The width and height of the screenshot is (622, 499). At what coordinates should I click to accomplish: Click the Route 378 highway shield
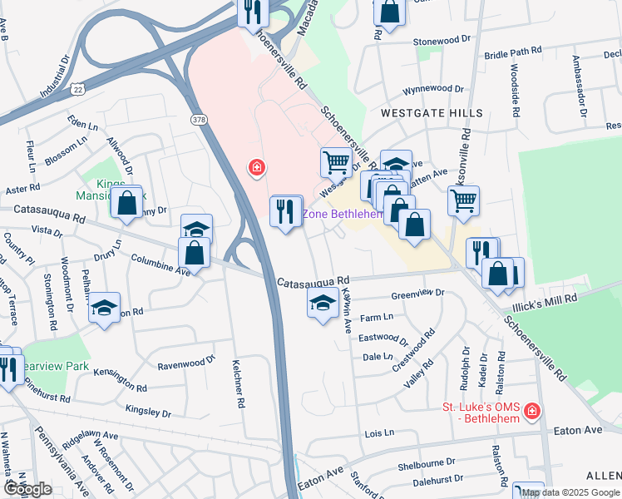point(199,120)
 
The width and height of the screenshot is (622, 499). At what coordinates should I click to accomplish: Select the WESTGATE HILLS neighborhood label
point(432,112)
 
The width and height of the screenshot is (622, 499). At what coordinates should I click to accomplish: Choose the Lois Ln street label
point(379,434)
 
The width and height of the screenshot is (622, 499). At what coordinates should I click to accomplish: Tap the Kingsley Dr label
point(148,411)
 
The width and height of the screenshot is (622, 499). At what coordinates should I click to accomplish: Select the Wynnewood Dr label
point(432,88)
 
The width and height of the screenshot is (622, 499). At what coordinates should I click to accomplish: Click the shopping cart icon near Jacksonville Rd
point(463,200)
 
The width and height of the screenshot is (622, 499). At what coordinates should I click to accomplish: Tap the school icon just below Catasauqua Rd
point(323,304)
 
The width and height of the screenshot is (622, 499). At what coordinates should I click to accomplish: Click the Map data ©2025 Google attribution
point(570,492)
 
